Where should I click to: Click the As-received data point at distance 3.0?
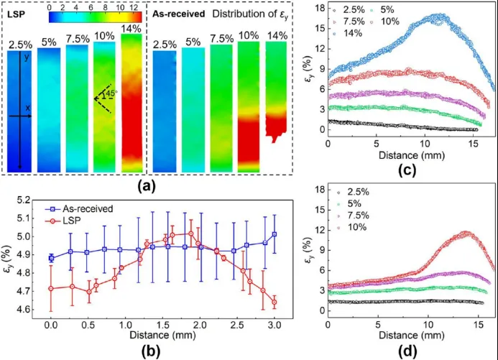click(274, 234)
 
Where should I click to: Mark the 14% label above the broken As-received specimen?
click(277, 35)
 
